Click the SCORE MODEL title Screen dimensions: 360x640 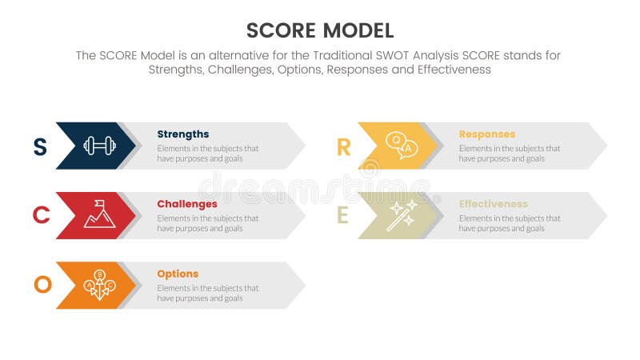(320, 30)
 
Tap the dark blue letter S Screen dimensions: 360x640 (39, 146)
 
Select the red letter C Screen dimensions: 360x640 (41, 215)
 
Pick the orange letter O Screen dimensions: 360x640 (42, 285)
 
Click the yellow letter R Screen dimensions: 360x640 (343, 146)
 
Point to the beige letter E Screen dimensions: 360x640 (342, 215)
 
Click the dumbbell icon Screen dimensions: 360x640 (99, 146)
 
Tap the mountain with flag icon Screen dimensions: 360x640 (99, 214)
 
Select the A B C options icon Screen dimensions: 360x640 (99, 285)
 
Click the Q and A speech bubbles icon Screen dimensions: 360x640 (401, 146)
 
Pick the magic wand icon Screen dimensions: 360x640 (401, 215)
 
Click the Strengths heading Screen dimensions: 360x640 (182, 134)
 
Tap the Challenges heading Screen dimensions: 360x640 (186, 204)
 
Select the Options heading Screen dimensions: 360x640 (178, 274)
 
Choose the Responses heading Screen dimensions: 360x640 (486, 134)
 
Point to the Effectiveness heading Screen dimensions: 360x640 (493, 204)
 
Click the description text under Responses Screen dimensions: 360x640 (509, 154)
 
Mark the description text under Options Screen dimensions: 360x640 (207, 293)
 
